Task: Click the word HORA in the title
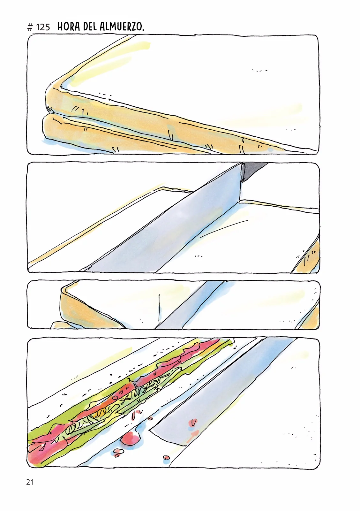point(68,27)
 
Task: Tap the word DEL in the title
point(90,27)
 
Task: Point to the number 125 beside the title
point(43,27)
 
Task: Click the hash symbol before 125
point(30,27)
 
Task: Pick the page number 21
point(30,482)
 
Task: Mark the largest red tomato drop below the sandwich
point(130,439)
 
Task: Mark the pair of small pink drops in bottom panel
point(119,452)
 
